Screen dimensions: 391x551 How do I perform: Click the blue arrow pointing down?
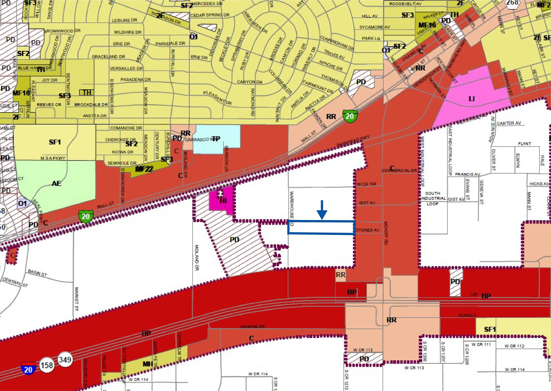tap(322, 210)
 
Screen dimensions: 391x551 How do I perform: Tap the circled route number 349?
tap(65, 359)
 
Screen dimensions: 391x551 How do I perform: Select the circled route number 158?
tap(47, 365)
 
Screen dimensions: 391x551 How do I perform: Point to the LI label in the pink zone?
tap(472, 99)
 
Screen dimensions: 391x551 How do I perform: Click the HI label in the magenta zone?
tap(223, 201)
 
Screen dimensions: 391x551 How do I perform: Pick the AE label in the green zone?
tap(56, 183)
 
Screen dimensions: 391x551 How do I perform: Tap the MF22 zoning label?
tap(144, 169)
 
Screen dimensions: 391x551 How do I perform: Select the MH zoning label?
tap(148, 364)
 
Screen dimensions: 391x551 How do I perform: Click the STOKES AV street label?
tap(368, 230)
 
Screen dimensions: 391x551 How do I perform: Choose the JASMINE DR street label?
tap(252, 326)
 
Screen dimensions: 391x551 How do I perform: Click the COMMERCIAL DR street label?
tap(399, 170)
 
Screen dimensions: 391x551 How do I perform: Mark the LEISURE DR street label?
tap(125, 20)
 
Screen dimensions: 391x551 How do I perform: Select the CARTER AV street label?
tap(509, 123)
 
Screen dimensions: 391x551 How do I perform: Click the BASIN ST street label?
tap(37, 273)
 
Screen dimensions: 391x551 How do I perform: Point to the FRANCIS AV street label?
tap(467, 174)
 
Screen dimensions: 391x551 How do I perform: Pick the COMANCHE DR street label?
tap(126, 128)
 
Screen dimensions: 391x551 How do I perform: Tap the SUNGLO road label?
tap(468, 315)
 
